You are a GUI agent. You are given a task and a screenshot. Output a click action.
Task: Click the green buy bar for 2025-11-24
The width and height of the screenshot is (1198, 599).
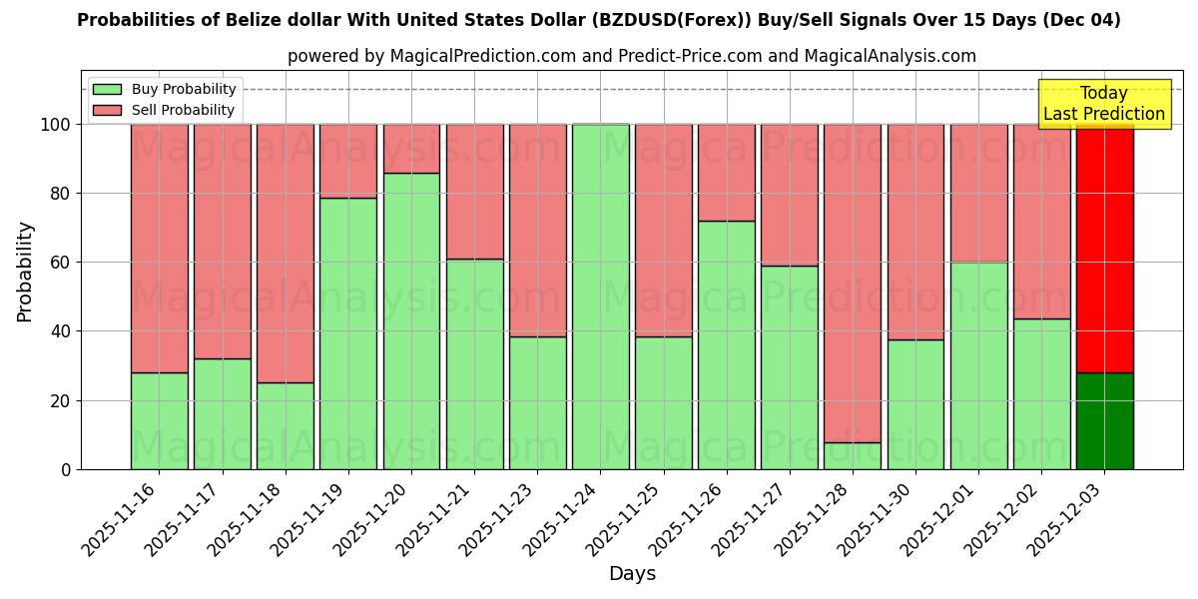tap(600, 297)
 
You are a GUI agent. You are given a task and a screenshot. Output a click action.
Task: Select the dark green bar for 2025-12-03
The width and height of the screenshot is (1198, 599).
tap(1104, 420)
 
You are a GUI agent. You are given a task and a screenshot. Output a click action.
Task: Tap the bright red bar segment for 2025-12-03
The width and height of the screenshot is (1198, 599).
tap(1104, 248)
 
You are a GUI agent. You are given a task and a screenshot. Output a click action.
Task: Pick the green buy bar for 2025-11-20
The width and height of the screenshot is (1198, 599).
tap(411, 320)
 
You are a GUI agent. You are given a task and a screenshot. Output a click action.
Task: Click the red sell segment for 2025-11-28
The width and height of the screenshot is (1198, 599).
tap(853, 283)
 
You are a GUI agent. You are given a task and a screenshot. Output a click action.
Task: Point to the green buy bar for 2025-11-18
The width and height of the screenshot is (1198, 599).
tap(286, 425)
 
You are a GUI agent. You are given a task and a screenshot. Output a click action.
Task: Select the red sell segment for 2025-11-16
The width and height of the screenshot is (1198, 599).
tap(160, 248)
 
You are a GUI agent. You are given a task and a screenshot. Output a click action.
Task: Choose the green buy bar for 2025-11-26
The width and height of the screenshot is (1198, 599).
tap(727, 344)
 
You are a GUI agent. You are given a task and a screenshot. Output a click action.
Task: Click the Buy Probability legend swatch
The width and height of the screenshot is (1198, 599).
tap(107, 90)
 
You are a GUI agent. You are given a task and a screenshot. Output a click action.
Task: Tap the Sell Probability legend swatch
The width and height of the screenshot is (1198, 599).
tap(107, 110)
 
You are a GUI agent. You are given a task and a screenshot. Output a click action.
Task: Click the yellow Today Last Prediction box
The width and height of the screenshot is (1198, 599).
tap(1104, 104)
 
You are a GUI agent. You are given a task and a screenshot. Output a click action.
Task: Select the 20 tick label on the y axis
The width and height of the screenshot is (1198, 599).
tap(62, 400)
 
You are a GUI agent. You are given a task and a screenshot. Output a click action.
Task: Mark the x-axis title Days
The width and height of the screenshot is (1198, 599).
tap(632, 574)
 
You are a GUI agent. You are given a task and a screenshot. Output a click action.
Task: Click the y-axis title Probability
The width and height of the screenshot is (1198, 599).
tap(25, 272)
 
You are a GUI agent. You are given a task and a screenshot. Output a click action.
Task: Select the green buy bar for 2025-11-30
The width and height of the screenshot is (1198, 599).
tap(915, 403)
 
